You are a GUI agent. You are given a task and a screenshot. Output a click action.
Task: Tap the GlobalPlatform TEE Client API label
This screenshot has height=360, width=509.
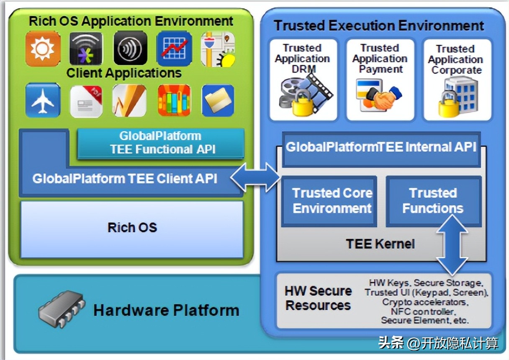tap(125, 179)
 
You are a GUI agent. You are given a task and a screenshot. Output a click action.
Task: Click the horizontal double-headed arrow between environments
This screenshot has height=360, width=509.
tap(256, 178)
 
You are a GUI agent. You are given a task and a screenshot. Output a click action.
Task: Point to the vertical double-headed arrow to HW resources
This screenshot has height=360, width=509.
tap(452, 244)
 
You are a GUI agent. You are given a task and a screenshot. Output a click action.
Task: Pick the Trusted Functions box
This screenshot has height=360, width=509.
tap(433, 201)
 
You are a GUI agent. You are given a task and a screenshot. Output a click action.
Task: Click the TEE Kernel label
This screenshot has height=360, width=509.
tap(380, 244)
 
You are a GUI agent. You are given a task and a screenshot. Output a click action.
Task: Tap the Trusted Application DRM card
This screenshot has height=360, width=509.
tap(303, 80)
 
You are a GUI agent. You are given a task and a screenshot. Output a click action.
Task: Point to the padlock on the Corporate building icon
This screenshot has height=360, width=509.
tap(448, 105)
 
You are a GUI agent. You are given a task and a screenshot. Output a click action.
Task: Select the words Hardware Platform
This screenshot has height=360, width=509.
tap(166, 311)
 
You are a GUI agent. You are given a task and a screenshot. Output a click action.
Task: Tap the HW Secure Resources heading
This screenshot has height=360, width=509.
tap(318, 298)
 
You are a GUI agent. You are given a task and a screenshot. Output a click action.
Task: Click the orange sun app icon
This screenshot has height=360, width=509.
tap(43, 49)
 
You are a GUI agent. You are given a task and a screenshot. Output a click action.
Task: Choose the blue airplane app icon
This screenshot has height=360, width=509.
tap(43, 100)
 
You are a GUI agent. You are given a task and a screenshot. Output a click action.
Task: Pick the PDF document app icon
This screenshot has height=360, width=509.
tap(86, 101)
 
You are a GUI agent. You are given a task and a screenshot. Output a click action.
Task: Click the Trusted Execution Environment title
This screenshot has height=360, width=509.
tap(379, 26)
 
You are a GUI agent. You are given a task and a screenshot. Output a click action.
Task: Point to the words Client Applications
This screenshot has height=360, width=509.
tap(124, 73)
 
